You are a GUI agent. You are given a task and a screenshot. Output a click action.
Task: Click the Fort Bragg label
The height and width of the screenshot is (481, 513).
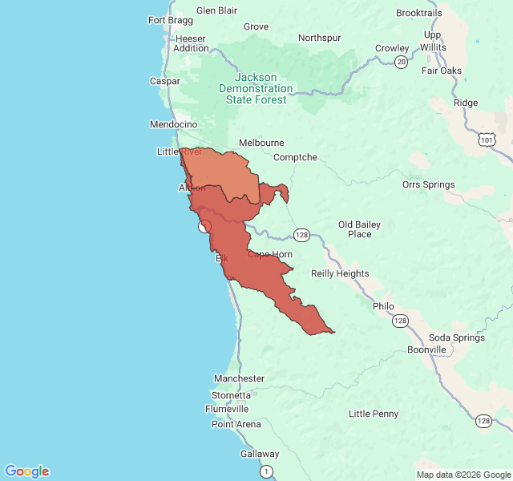click(170, 20)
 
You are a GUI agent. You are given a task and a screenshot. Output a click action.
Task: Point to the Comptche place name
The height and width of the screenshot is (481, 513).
click(295, 157)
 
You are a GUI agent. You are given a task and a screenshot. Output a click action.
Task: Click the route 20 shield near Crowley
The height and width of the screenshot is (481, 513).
click(401, 61)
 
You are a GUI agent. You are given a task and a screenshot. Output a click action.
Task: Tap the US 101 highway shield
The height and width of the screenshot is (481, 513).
click(487, 140)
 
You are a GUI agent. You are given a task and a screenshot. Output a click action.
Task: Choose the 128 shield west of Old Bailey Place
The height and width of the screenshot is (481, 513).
click(301, 235)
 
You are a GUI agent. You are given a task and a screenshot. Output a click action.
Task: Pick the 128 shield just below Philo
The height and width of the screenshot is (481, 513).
click(400, 321)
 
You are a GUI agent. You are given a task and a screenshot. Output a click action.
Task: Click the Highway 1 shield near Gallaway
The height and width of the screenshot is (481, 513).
click(266, 471)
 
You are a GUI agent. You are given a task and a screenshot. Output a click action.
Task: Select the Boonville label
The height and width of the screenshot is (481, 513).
click(426, 350)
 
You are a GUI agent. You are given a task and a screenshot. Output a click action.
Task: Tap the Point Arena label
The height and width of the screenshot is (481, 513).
click(236, 424)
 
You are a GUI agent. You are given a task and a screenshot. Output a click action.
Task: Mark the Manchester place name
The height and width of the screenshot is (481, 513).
click(239, 378)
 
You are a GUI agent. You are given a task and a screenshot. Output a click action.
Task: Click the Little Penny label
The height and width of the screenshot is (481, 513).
click(374, 414)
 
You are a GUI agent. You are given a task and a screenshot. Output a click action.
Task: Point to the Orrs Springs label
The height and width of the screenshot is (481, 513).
click(428, 184)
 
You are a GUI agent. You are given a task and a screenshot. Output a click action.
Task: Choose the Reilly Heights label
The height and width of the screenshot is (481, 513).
click(340, 273)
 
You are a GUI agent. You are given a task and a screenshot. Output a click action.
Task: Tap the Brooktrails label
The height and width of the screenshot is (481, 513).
click(418, 13)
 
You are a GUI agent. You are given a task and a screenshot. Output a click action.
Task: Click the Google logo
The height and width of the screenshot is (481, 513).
click(26, 471)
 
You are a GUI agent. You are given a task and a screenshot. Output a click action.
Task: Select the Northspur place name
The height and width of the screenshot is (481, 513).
click(319, 38)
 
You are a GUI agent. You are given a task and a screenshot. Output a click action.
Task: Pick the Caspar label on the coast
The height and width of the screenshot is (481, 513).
click(165, 81)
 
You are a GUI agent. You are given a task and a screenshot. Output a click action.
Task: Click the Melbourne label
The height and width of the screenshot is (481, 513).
click(261, 143)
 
